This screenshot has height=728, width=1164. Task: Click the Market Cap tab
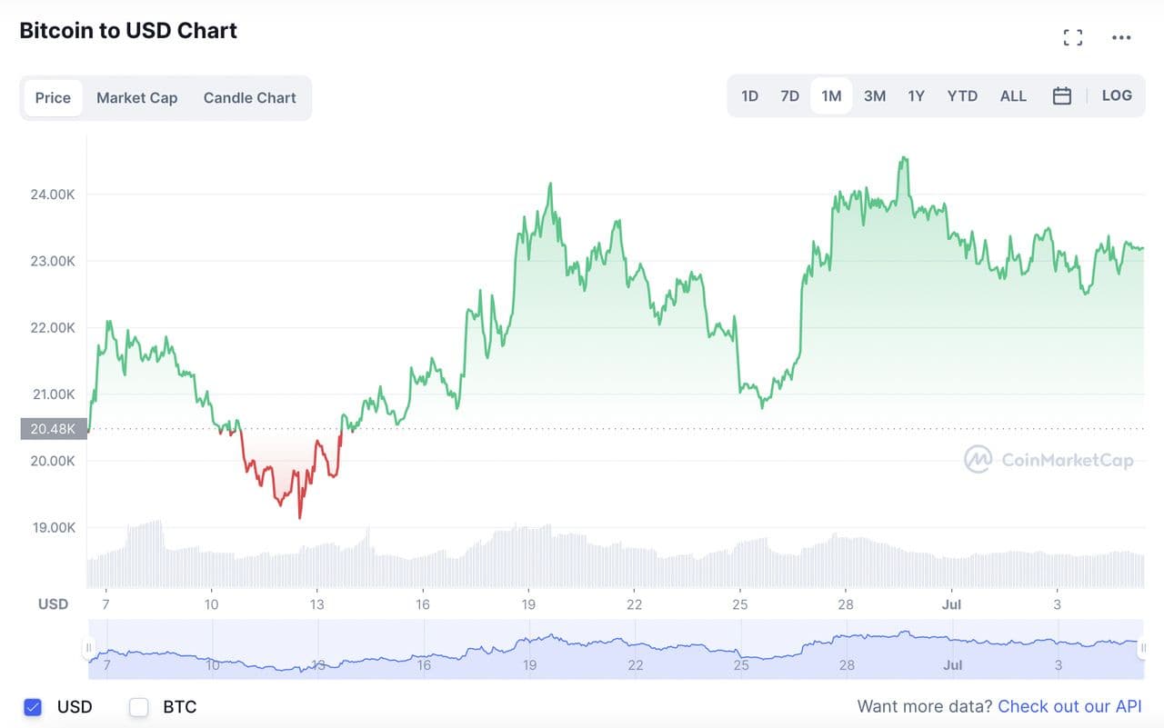coord(136,98)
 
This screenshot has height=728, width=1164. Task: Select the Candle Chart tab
coord(249,98)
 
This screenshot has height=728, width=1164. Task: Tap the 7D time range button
coord(789,95)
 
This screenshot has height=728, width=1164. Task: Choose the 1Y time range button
coord(916,95)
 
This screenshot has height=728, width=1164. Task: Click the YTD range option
coord(962,95)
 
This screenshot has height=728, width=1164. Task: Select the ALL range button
coord(1013,95)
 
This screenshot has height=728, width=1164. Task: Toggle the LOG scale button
coord(1117,95)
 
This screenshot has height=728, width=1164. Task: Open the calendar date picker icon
coord(1062,95)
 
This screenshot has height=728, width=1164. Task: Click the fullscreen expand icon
coord(1073,37)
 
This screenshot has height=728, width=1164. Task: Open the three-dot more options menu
coord(1121,37)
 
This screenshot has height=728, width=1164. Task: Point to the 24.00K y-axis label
coord(53,194)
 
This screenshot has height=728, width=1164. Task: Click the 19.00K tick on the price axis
coord(53,528)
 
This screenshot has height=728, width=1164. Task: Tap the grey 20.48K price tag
coord(53,429)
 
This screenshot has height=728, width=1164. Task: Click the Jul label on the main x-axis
coord(951,604)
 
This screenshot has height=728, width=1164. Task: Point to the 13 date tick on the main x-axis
coord(316,604)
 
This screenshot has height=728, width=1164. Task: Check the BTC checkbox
coord(139,707)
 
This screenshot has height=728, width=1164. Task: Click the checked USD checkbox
coord(34,707)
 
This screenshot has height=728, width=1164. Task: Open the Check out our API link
coord(1069,707)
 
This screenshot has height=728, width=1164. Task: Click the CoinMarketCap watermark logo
coord(1049,460)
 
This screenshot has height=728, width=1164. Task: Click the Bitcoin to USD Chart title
coord(128,31)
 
